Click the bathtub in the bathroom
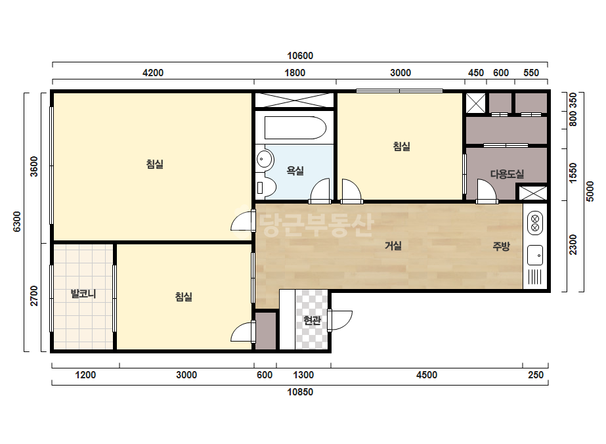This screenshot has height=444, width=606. point(295,127)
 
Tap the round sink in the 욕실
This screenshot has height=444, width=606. point(265,159)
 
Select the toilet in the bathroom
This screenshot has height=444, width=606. point(266,188)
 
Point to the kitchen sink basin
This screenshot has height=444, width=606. point(535,255)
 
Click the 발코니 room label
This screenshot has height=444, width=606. point(83,294)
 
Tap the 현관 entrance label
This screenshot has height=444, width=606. point(312,321)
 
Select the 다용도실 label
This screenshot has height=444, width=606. point(507,174)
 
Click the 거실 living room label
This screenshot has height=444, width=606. point(393,246)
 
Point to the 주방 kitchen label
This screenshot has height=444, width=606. point(501,246)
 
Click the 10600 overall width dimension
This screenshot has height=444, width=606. point(300,56)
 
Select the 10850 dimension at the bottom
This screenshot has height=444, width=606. point(300,392)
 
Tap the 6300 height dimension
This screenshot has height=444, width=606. point(17,221)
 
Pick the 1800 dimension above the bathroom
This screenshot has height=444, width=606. point(295,73)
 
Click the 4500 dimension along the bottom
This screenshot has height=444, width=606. point(427,375)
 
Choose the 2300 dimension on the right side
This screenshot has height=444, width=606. point(573,245)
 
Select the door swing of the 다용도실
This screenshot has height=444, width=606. point(487,190)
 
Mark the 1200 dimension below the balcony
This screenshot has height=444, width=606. point(85,375)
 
